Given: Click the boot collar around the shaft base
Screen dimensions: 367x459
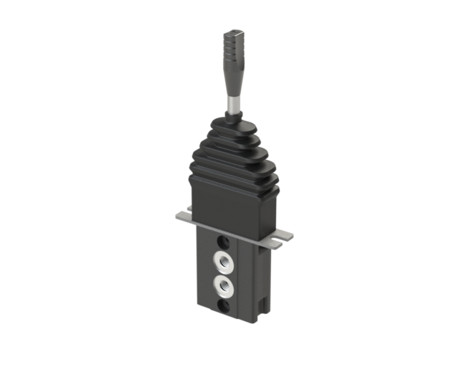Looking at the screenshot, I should pyautogui.click(x=234, y=118).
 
